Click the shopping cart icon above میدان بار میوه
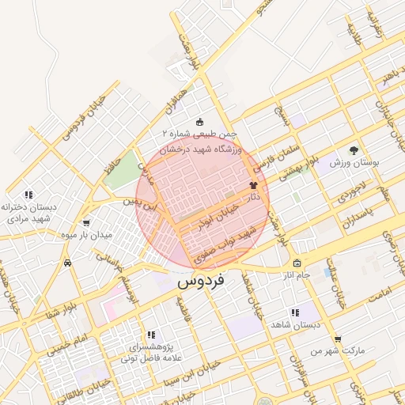pyautogui.click(x=85, y=222)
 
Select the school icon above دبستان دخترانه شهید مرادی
pyautogui.click(x=28, y=194)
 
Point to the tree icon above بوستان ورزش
pyautogui.click(x=354, y=150)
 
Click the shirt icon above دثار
pyautogui.click(x=254, y=184)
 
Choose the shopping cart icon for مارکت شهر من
pyautogui.click(x=338, y=338)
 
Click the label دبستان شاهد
pyautogui.click(x=293, y=324)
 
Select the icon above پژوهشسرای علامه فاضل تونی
pyautogui.click(x=151, y=335)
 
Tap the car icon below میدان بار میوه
pyautogui.click(x=70, y=263)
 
